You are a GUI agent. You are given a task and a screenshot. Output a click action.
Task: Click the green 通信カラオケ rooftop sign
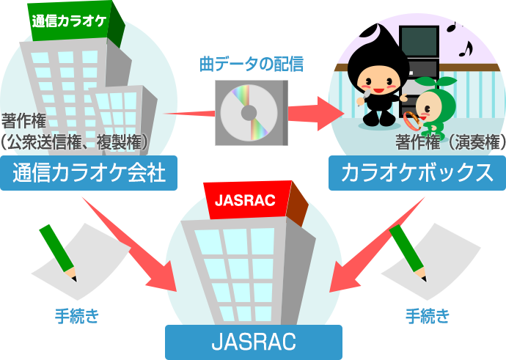tap(70, 19)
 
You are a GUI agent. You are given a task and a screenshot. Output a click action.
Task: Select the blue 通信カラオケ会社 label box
tap(89, 173)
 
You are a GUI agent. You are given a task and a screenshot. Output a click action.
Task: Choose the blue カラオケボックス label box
tap(417, 173)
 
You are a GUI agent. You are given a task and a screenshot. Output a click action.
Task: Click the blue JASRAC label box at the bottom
tap(253, 342)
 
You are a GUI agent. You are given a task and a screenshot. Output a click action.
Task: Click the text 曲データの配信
tap(252, 64)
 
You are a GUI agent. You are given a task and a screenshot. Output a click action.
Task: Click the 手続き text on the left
tap(77, 317)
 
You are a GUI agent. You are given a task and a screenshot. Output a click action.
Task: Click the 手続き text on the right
tap(428, 317)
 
